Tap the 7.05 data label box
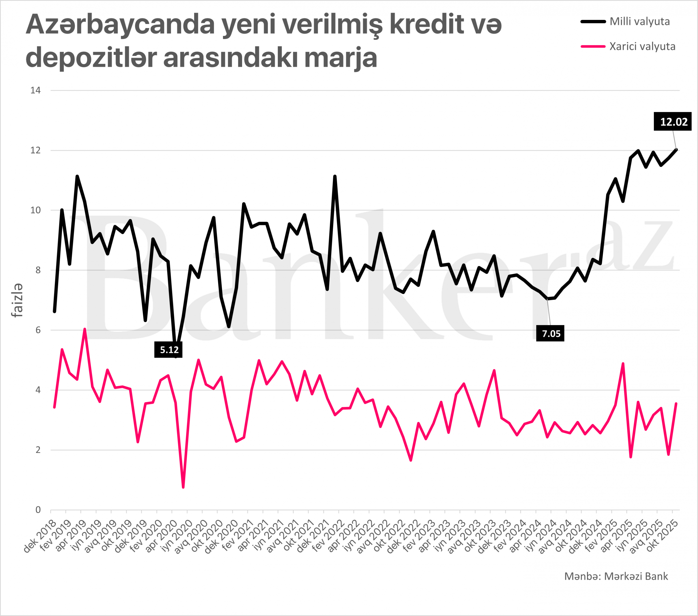pos(550,333)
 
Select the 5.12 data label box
pos(168,350)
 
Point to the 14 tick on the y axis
pos(35,91)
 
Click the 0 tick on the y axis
pos(38,510)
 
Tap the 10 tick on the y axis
pos(35,210)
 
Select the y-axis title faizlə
pos(17,300)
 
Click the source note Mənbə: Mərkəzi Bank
pos(616,576)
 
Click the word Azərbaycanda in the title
pos(120,25)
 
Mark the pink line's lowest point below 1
pos(183,487)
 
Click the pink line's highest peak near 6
pos(85,329)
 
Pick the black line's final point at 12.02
pos(676,149)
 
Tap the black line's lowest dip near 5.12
pos(176,356)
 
